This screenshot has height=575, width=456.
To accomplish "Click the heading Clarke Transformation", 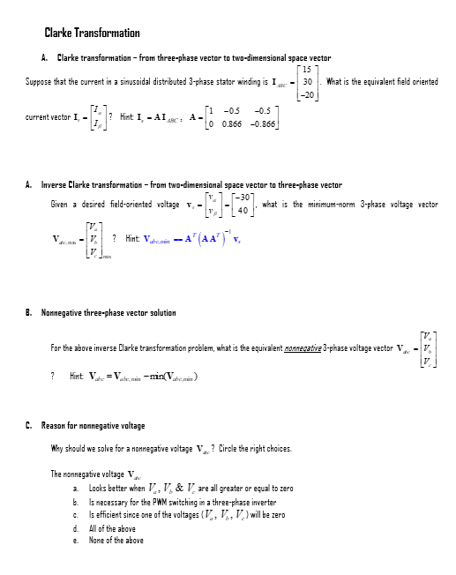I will (x=92, y=34).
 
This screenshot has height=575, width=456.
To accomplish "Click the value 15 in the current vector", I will (x=304, y=71).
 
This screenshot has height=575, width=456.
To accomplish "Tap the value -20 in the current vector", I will (x=306, y=93).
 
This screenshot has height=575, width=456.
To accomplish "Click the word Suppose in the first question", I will (x=39, y=82).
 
